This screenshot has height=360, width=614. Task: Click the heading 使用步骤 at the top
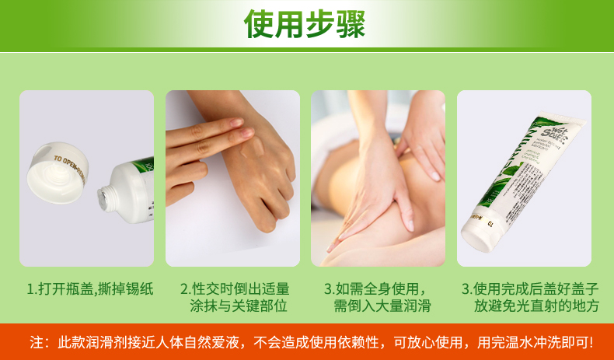pyautogui.click(x=305, y=25)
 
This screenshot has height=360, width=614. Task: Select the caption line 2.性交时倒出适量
pyautogui.click(x=234, y=289)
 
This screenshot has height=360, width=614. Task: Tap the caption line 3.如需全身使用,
pyautogui.click(x=377, y=289)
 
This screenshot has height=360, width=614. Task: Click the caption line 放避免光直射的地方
pyautogui.click(x=536, y=306)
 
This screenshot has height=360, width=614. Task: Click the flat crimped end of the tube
pyautogui.click(x=476, y=240)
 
